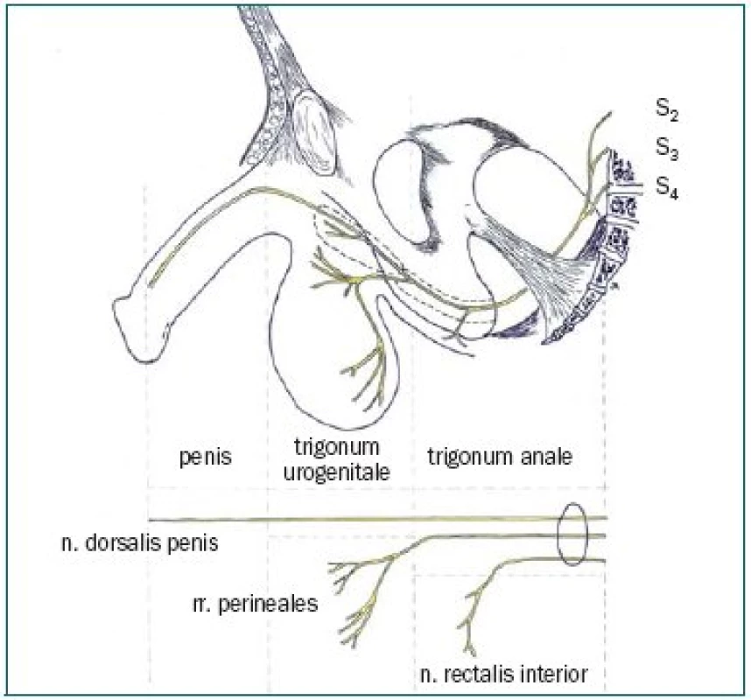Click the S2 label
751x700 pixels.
(667, 110)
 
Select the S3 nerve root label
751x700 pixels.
(667, 149)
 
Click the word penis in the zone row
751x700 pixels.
(206, 458)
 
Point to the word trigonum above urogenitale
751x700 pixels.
(337, 447)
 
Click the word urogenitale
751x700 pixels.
(337, 472)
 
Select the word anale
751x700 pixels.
(546, 456)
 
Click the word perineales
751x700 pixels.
(268, 605)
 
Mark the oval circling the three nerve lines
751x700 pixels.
(558, 534)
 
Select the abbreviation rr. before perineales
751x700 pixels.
(201, 605)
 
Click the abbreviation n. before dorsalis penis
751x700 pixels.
(70, 544)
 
